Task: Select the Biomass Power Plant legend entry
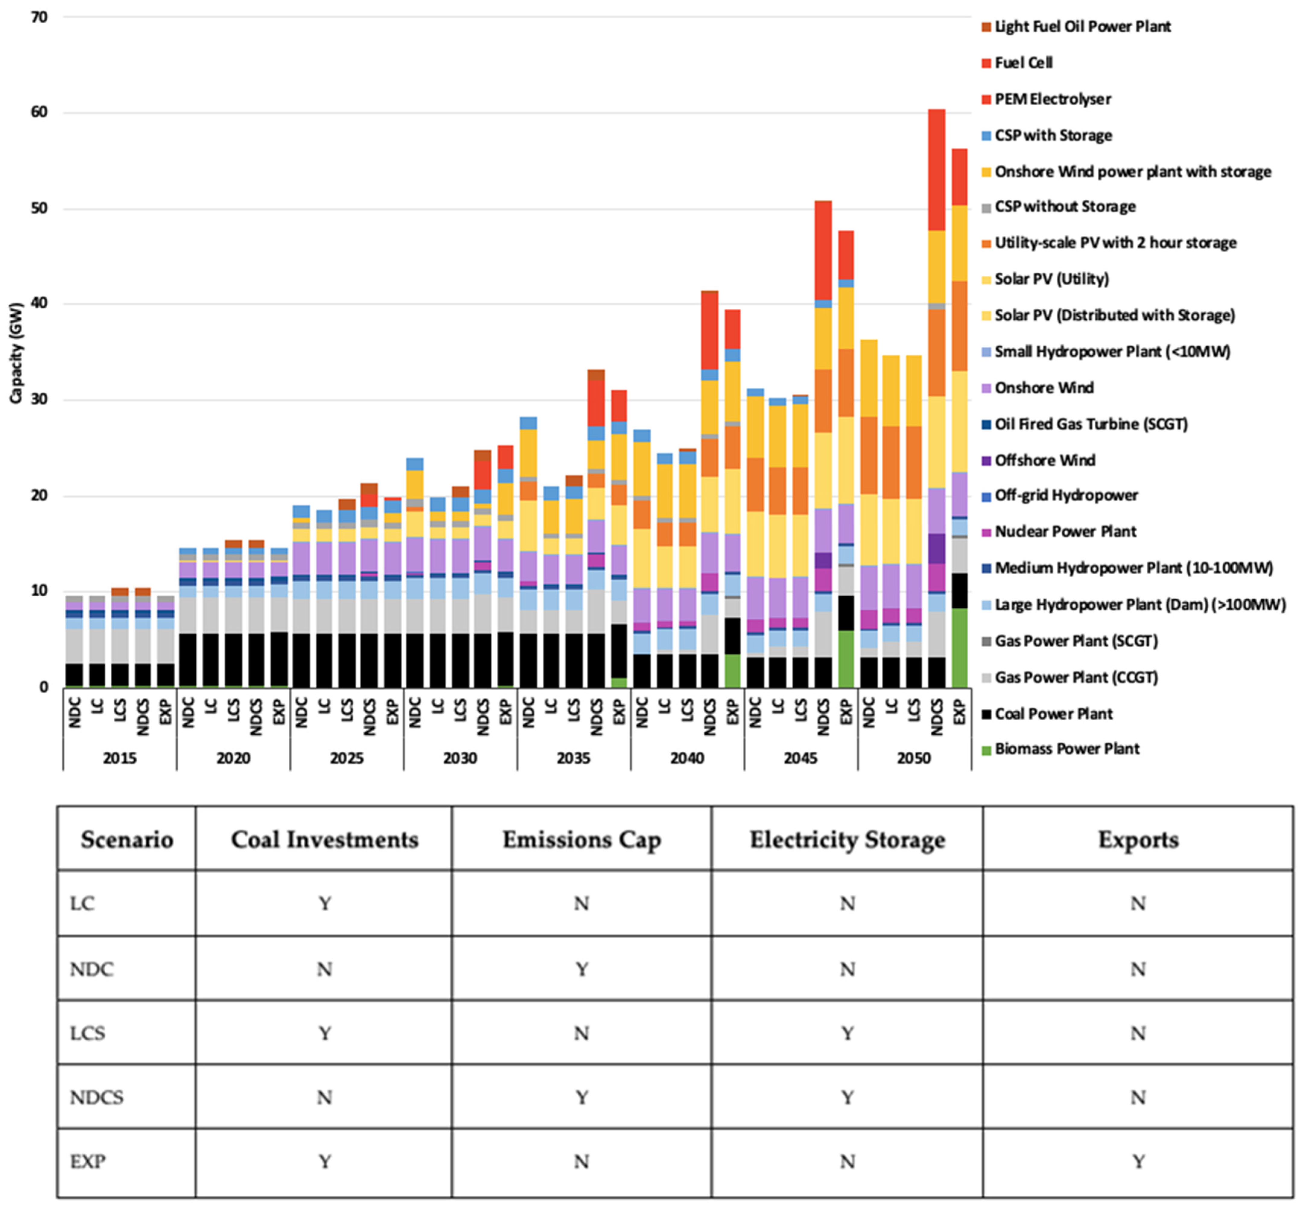(x=1067, y=749)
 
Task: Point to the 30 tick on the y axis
(x=39, y=400)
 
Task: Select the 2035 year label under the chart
(x=573, y=758)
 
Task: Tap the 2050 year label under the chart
(x=913, y=758)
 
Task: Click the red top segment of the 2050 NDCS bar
(x=936, y=170)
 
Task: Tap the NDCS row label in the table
(x=97, y=1097)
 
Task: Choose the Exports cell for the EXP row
(x=1138, y=1161)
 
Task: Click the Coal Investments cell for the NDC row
(x=324, y=970)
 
